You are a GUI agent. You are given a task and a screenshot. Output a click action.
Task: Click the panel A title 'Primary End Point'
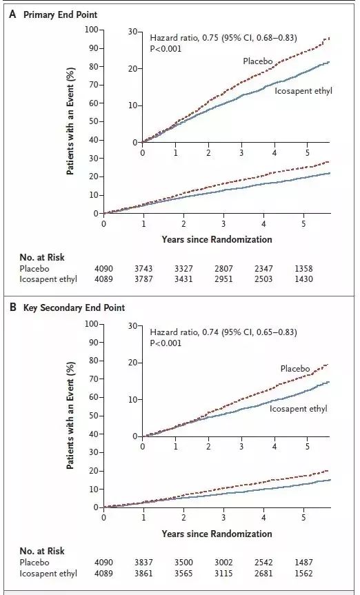coord(61,14)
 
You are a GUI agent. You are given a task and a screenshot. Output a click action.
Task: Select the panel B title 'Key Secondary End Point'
coord(74,307)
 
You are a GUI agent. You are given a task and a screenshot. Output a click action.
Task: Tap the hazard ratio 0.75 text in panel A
coord(223,38)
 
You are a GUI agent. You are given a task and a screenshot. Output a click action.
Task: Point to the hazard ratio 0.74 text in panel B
coord(223,332)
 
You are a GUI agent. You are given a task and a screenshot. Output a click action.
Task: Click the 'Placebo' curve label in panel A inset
coord(258,61)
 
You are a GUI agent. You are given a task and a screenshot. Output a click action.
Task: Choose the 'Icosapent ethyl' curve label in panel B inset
coord(299,409)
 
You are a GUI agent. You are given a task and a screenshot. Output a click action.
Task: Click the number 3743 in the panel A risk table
coord(143,269)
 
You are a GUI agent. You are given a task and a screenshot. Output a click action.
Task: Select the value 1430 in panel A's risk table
coord(303,279)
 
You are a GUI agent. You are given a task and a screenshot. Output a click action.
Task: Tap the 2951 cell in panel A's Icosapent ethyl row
coord(223,279)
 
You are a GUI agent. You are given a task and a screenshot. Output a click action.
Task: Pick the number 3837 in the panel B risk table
coord(143,563)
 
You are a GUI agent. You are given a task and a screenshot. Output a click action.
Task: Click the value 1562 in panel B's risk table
coord(303,573)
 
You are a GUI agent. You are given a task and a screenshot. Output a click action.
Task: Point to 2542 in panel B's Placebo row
coord(263,563)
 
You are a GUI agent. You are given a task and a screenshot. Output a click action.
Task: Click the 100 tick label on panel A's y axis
coord(92,30)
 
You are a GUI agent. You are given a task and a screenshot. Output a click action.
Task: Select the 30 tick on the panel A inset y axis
coord(133,32)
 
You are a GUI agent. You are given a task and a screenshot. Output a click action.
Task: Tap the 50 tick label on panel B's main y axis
coord(93,416)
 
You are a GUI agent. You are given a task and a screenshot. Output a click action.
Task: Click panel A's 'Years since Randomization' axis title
coord(217,239)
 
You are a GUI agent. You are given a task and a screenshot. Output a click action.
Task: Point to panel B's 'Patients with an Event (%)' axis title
coord(70,415)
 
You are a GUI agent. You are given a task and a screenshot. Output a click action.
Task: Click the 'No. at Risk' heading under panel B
coord(42,551)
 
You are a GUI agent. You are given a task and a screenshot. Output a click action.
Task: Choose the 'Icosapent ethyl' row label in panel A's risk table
coord(48,279)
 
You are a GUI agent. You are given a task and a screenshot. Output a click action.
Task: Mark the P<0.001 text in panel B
coord(166,343)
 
